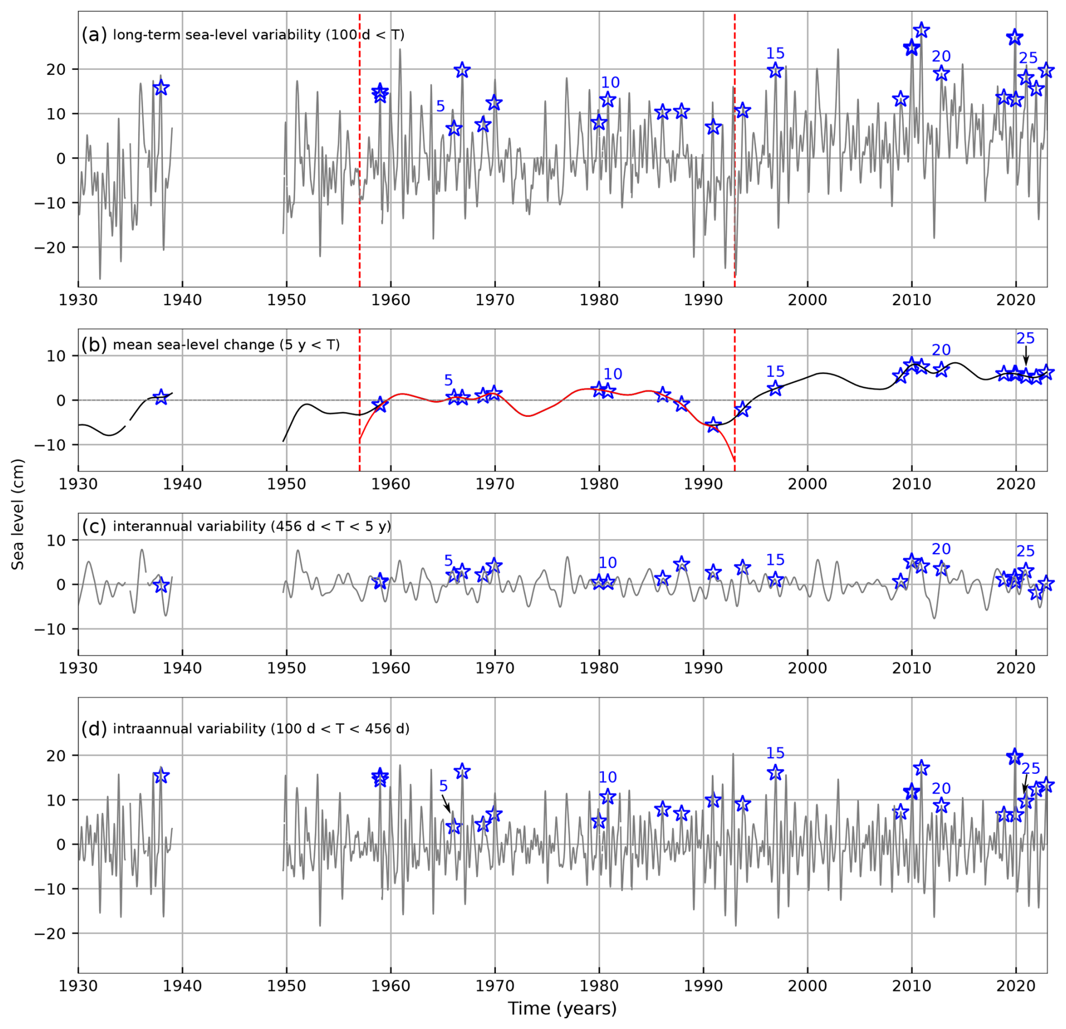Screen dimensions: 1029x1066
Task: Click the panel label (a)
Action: tap(94, 35)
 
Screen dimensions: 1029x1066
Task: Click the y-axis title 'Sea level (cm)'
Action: tap(17, 514)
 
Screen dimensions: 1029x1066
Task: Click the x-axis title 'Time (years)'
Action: tap(562, 1008)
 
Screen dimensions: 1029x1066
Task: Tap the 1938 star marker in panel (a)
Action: tap(161, 88)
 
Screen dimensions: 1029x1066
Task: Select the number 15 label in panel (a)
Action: tap(775, 54)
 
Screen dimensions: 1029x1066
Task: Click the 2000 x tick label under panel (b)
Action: tap(807, 484)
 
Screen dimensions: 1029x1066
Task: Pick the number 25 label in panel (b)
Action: tap(1025, 338)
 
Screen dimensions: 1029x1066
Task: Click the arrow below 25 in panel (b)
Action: tap(1026, 357)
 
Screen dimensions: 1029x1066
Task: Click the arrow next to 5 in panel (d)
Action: tap(446, 803)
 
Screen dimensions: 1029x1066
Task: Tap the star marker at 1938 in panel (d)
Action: tap(161, 776)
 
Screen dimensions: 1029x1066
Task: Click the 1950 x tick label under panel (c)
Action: tap(286, 668)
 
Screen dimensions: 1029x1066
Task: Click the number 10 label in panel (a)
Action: tap(610, 83)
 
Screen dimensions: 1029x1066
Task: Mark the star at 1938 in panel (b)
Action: tap(161, 397)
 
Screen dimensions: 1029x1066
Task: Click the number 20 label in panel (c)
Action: tap(941, 549)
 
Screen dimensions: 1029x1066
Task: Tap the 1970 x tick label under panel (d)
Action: tap(495, 986)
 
